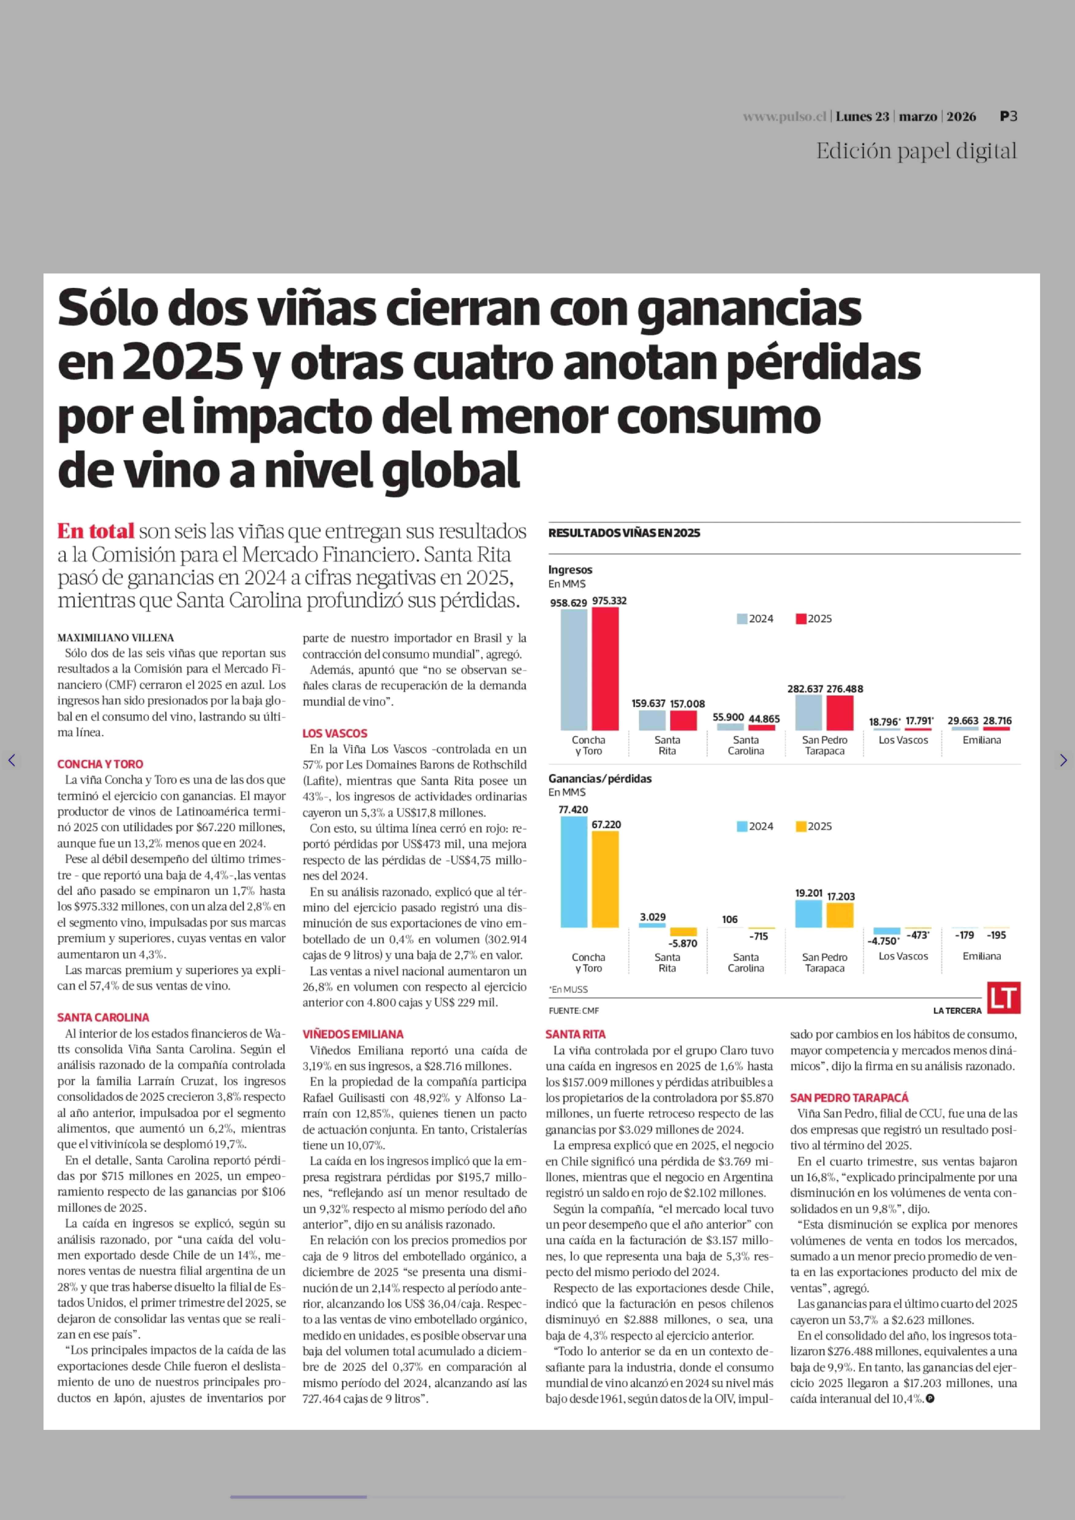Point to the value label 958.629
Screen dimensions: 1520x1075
[568, 603]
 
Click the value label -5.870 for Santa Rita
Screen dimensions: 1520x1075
[682, 943]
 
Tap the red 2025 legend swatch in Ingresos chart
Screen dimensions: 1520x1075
[801, 619]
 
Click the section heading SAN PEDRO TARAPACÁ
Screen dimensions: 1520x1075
[849, 1098]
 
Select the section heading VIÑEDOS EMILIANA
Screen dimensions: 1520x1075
[353, 1034]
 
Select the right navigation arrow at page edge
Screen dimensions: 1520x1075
[1063, 760]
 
